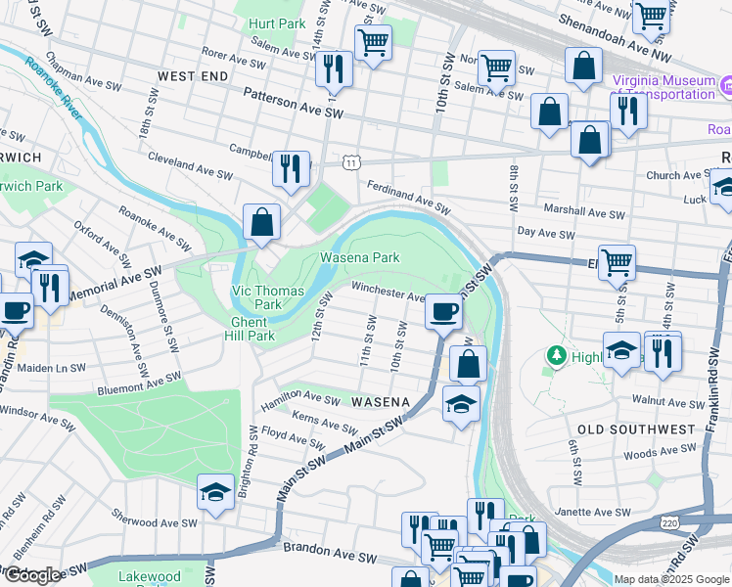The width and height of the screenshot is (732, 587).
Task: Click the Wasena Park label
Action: pos(360,258)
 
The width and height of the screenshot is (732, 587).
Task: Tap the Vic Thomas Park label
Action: pos(269,297)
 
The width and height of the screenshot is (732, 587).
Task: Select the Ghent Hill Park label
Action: pos(253,329)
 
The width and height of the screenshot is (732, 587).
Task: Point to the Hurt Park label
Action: pos(277,23)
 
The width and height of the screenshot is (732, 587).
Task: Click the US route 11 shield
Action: pos(350,162)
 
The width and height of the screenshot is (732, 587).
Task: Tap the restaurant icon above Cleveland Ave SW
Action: pos(291,168)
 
